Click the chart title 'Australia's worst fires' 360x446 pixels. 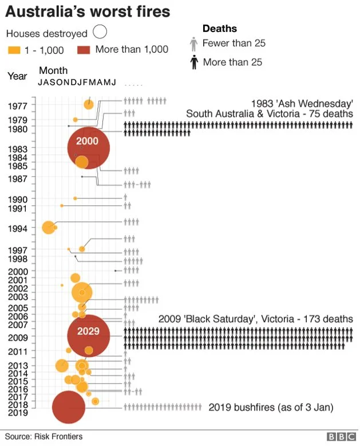pyautogui.click(x=88, y=11)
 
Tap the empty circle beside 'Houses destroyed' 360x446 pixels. pyautogui.click(x=101, y=33)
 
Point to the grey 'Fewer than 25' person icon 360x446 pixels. pyautogui.click(x=193, y=43)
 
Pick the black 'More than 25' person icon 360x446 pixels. pyautogui.click(x=193, y=62)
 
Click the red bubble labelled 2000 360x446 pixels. pyautogui.click(x=88, y=148)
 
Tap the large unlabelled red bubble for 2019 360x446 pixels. pyautogui.click(x=69, y=407)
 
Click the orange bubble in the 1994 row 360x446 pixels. pyautogui.click(x=49, y=227)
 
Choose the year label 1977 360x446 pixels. pyautogui.click(x=18, y=106)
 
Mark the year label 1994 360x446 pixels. pyautogui.click(x=18, y=229)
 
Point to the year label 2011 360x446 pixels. pyautogui.click(x=18, y=351)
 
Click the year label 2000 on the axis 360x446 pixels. pyautogui.click(x=18, y=271)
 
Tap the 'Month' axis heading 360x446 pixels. pyautogui.click(x=53, y=71)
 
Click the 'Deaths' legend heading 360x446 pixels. pyautogui.click(x=220, y=29)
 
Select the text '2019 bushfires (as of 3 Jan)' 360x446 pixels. pyautogui.click(x=271, y=408)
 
